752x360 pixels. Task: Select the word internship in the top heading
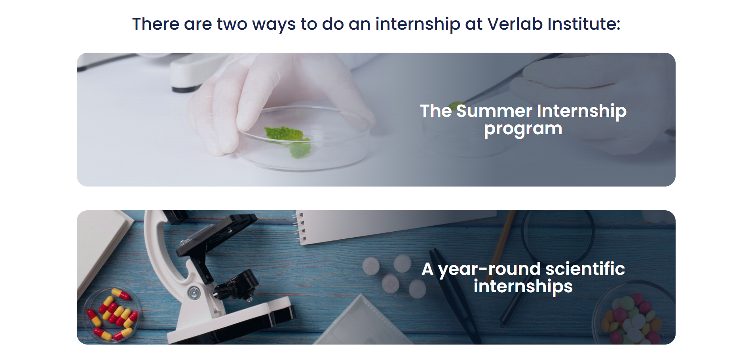(x=418, y=25)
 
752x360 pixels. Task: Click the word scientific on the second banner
(x=585, y=269)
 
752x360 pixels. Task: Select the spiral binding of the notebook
(x=300, y=228)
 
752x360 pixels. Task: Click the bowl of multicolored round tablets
(x=633, y=317)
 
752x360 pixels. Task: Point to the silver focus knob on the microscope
(x=194, y=293)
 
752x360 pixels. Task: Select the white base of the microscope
(x=230, y=321)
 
